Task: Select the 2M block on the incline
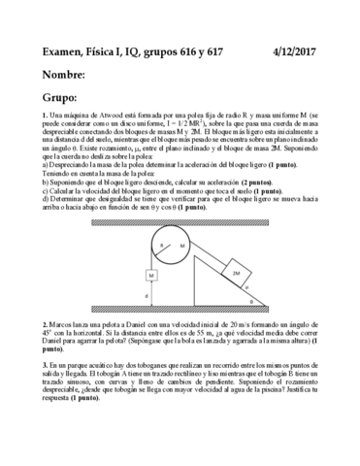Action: pos(238,275)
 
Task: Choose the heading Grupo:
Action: pos(59,98)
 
